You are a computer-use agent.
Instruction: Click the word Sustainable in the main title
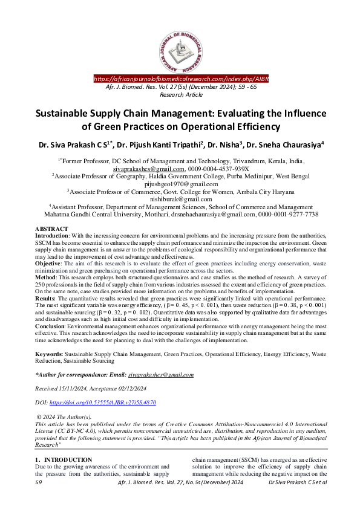coord(54,113)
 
